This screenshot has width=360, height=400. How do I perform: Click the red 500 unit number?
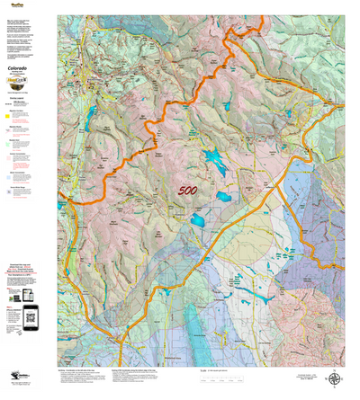point(188,191)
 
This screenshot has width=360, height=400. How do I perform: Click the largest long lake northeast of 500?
point(215,164)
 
